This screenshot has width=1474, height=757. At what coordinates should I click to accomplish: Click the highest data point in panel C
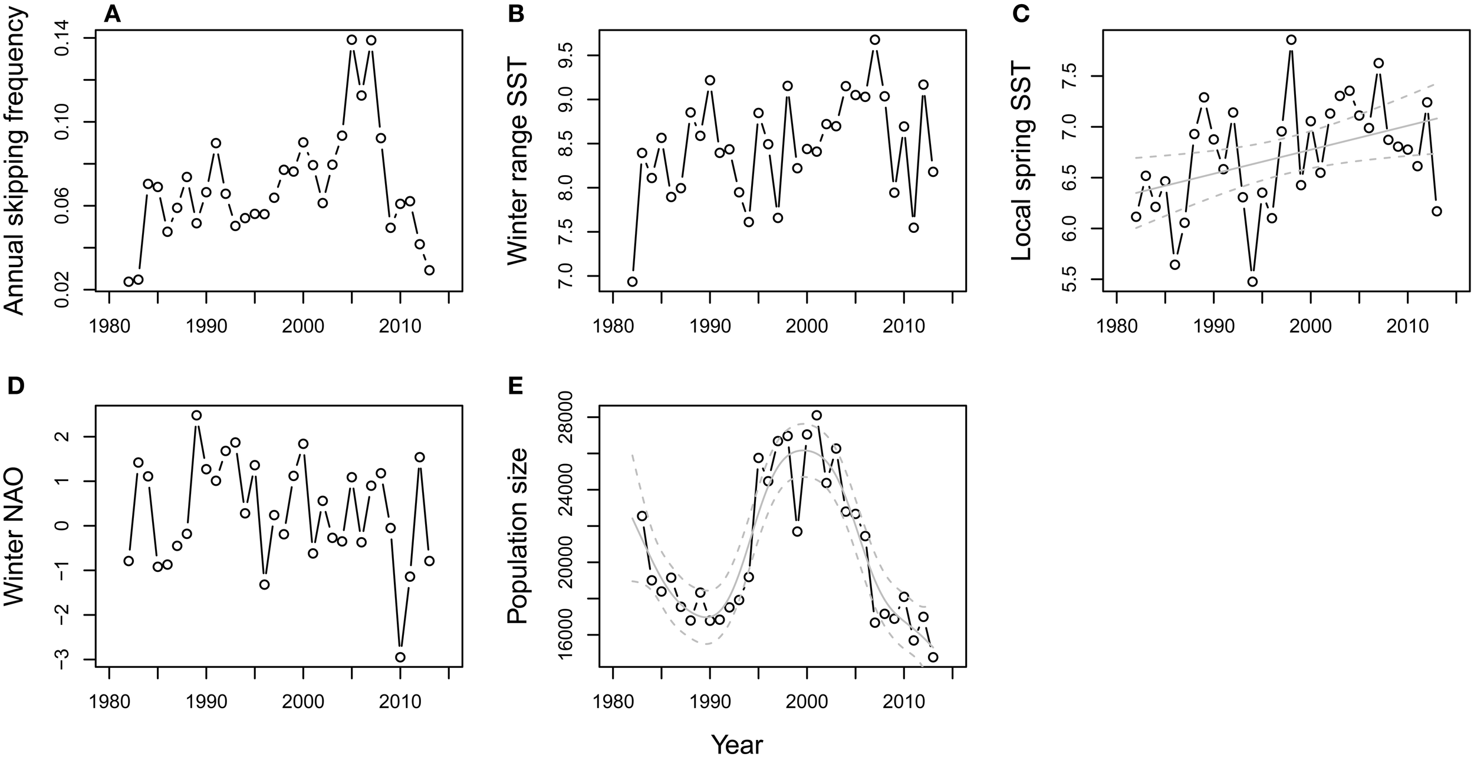pos(1291,40)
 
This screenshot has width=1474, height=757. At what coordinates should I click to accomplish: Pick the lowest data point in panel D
pos(400,657)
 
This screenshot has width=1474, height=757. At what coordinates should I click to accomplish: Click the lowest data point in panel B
pos(632,281)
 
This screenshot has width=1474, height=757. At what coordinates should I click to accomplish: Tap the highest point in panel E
pos(817,415)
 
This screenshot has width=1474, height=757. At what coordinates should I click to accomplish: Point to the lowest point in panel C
pos(1252,281)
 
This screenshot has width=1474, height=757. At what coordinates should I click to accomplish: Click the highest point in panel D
pos(196,415)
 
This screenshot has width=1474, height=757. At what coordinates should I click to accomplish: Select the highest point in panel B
pos(875,40)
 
